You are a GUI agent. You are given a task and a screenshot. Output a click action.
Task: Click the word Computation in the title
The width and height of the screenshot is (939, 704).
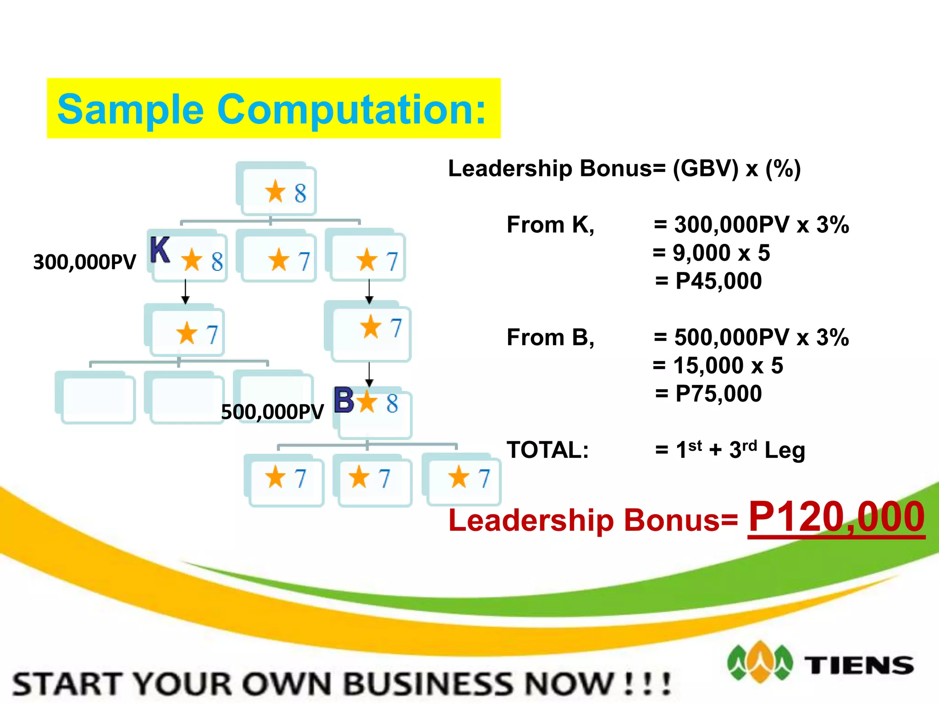point(351,109)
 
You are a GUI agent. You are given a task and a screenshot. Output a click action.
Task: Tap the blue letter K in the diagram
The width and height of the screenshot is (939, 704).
point(160,250)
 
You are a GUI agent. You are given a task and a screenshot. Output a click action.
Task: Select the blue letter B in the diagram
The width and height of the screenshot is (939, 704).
point(344,400)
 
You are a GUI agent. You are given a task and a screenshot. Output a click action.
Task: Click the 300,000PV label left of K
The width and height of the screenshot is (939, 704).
point(85,262)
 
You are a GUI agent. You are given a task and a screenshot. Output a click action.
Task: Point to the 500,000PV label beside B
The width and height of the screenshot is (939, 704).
point(272,412)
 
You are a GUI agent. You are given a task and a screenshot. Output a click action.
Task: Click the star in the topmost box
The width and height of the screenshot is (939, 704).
point(275,191)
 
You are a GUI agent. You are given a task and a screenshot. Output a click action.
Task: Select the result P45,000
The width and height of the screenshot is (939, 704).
point(718,281)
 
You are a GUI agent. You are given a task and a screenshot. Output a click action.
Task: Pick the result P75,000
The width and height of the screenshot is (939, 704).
point(718,394)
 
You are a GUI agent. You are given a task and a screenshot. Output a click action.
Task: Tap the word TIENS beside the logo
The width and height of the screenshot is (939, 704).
point(860,665)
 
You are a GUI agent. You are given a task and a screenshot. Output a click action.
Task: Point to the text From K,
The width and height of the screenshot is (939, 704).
point(550,225)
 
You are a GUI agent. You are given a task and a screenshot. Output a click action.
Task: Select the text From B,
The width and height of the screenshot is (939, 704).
point(550,338)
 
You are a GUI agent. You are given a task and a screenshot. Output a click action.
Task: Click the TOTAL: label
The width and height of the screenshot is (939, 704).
point(547,450)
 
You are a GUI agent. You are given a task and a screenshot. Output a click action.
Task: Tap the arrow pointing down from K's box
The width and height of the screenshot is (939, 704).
point(185,292)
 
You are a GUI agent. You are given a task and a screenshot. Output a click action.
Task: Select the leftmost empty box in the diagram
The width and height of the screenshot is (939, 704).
point(95,398)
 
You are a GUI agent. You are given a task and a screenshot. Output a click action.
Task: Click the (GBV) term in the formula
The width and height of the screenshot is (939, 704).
point(706,169)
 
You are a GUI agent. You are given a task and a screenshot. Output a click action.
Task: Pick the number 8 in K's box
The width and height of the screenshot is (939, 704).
point(217,261)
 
